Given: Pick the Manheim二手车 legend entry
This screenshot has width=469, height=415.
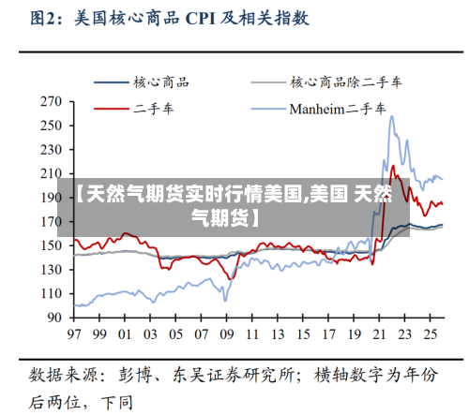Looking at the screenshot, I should [337, 109].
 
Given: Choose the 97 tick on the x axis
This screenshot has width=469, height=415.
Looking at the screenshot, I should [73, 333].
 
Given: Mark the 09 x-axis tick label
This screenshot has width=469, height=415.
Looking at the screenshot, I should [226, 333].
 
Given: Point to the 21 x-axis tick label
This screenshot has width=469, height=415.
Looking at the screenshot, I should [379, 333].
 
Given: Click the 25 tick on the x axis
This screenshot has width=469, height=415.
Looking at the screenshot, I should [431, 333].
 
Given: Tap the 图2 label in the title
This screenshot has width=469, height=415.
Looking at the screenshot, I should [44, 18].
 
